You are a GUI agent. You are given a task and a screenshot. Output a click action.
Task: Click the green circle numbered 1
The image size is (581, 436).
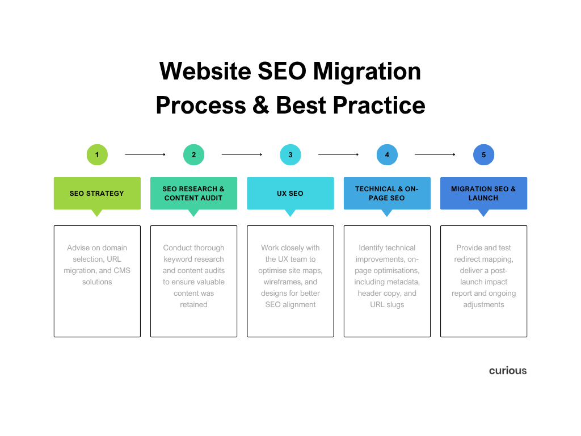coord(97,154)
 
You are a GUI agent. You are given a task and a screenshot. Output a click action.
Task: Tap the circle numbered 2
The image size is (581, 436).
coord(194,154)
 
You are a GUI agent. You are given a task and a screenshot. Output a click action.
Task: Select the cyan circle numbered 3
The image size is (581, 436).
coord(290,154)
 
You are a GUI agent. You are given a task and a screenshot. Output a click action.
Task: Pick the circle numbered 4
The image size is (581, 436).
coord(387,154)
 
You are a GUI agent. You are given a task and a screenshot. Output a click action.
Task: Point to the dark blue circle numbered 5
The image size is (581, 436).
coord(483,154)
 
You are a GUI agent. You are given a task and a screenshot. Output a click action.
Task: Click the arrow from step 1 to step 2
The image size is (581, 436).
coord(145,154)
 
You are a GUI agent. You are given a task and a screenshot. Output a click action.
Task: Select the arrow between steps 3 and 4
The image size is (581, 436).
coord(338,154)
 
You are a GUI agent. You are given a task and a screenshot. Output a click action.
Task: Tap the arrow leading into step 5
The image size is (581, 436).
coord(435,154)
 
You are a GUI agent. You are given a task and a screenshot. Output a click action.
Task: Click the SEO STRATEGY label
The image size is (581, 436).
coord(97,194)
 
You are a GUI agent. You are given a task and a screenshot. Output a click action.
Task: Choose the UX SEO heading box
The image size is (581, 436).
coord(290,194)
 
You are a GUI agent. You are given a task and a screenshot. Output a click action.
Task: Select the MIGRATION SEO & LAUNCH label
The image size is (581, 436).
coord(483,194)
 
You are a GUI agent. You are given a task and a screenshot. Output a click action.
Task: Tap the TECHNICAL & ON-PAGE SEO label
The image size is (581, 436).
coord(387,194)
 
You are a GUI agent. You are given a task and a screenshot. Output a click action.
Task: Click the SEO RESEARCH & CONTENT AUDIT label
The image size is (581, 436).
coord(194,194)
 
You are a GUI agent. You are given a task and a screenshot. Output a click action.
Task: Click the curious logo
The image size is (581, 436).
coord(508,371)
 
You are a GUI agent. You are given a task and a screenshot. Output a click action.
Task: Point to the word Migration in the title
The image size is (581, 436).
coord(367,72)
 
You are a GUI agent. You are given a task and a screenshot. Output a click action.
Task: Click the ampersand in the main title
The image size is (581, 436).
coord(261,105)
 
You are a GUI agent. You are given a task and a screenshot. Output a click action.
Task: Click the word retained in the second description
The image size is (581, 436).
coord(194,304)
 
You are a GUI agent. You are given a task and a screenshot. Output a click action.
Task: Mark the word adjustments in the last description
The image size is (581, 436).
coord(483,305)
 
